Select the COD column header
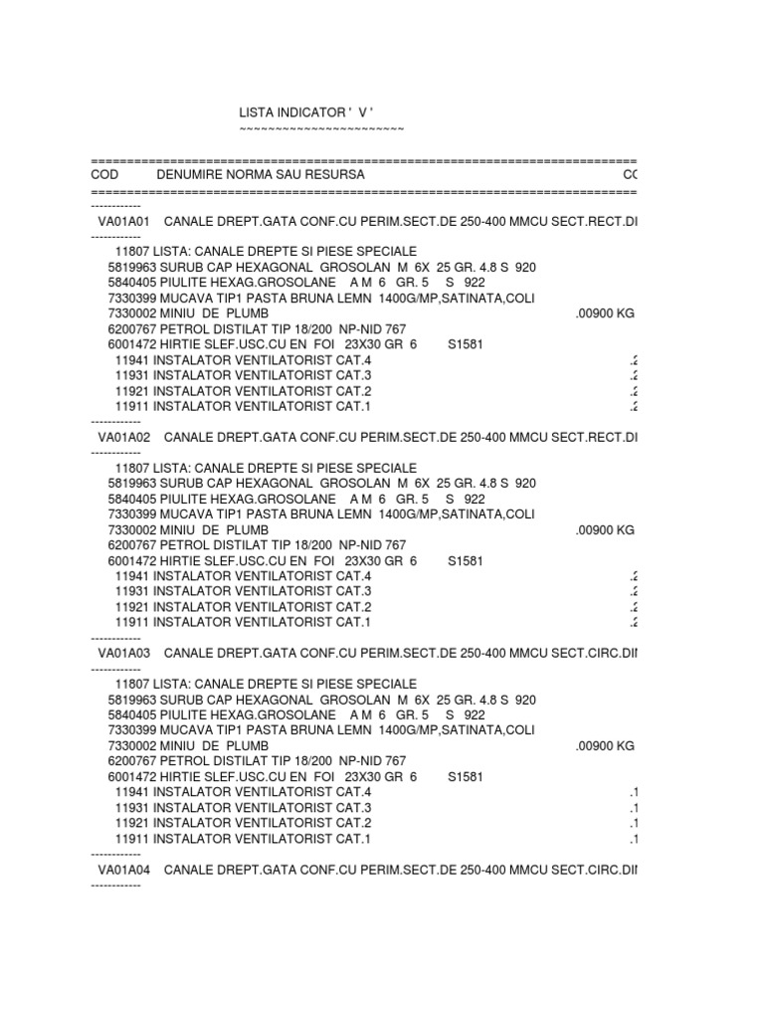(103, 174)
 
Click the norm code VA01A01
(123, 220)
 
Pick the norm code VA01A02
(123, 436)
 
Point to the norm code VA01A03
(123, 653)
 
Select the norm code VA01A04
(123, 869)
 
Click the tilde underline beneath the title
(321, 130)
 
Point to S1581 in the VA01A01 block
(465, 343)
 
